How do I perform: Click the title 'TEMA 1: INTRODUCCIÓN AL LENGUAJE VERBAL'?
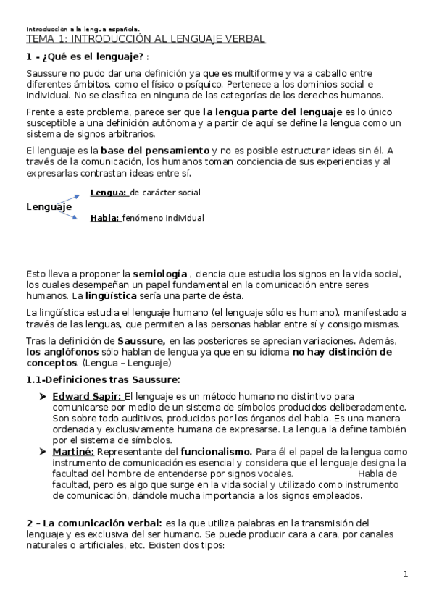click(x=145, y=39)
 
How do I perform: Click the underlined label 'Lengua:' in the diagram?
click(x=109, y=193)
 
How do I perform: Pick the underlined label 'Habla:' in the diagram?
click(x=105, y=217)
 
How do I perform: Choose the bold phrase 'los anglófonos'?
click(x=58, y=351)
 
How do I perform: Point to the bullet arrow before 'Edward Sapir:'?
click(x=43, y=396)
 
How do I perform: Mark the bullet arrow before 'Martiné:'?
click(x=43, y=451)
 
